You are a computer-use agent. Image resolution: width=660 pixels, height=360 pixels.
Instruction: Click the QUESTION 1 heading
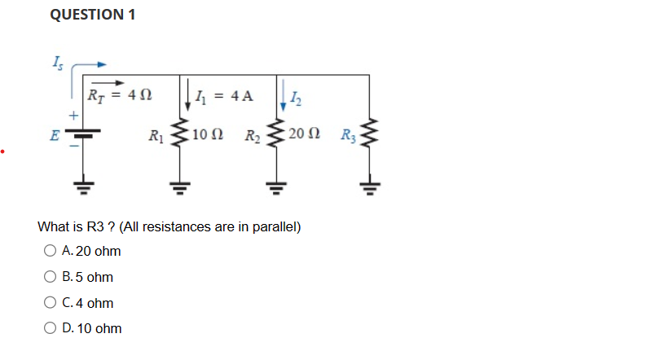click(93, 15)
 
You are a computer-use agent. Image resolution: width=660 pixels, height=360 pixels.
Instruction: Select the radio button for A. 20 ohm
click(51, 251)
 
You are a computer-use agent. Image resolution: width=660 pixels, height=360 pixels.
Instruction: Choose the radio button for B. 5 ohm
click(51, 277)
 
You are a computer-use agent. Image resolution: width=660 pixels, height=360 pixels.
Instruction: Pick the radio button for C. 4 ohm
click(51, 303)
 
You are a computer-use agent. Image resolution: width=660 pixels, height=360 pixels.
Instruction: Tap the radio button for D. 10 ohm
click(51, 328)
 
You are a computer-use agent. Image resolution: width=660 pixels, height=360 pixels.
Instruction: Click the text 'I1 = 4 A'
click(226, 96)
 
